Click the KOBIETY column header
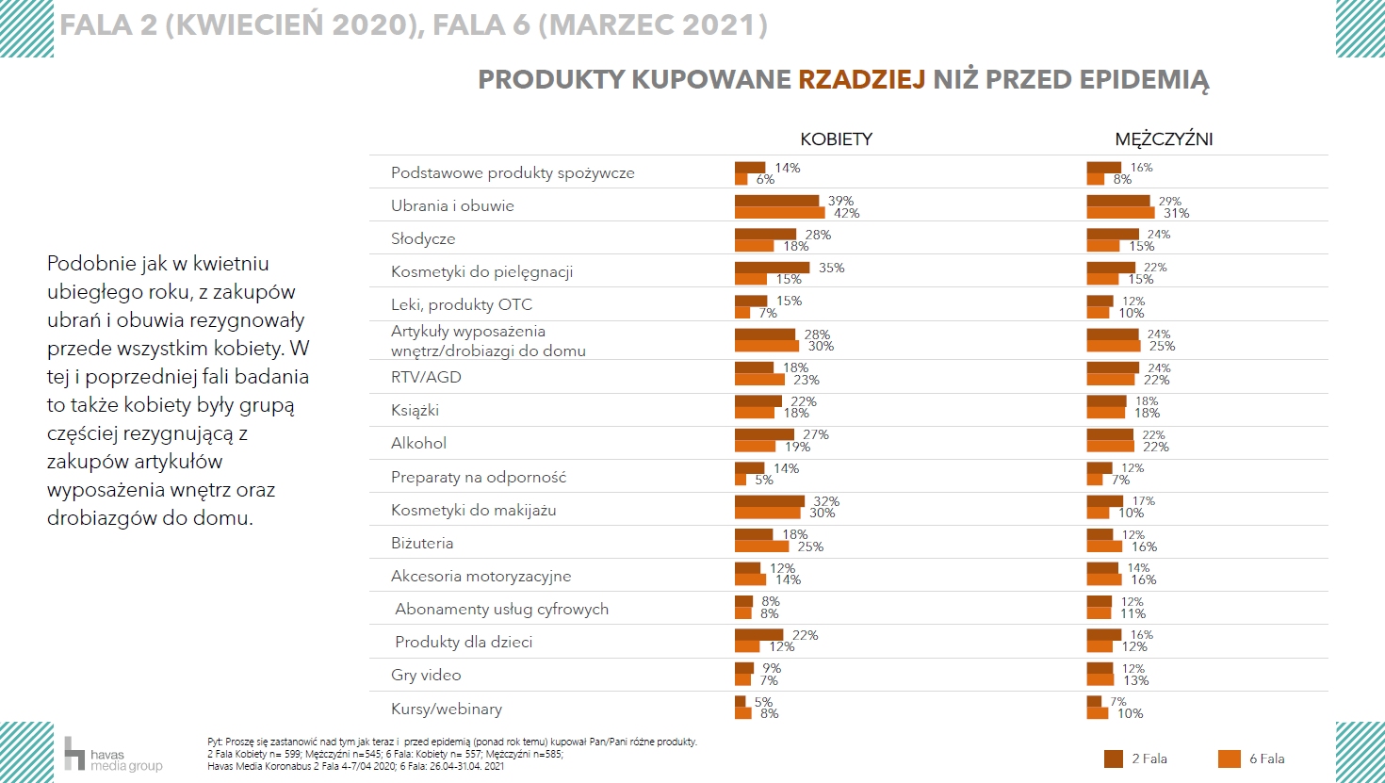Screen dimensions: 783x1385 [836, 139]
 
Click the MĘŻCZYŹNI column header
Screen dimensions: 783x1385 [1164, 139]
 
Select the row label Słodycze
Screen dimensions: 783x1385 [423, 239]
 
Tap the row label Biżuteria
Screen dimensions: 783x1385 [422, 544]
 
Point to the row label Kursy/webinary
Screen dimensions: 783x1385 [447, 710]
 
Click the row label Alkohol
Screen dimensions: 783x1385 [418, 444]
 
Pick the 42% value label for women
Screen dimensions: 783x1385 [846, 214]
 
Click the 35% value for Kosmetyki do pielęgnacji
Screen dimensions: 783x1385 [831, 269]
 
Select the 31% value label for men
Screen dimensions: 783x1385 [1176, 214]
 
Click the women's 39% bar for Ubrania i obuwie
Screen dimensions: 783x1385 [776, 201]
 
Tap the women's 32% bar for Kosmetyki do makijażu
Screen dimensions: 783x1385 [769, 501]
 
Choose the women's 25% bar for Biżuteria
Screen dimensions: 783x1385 [761, 546]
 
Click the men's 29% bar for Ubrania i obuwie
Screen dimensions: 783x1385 [1117, 201]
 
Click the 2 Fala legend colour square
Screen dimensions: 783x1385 [1114, 759]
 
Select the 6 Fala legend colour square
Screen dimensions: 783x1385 [1230, 759]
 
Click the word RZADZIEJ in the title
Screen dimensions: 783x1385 [861, 80]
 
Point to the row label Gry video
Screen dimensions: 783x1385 [426, 676]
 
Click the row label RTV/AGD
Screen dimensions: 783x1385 [426, 378]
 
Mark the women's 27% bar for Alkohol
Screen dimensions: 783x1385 [764, 434]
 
